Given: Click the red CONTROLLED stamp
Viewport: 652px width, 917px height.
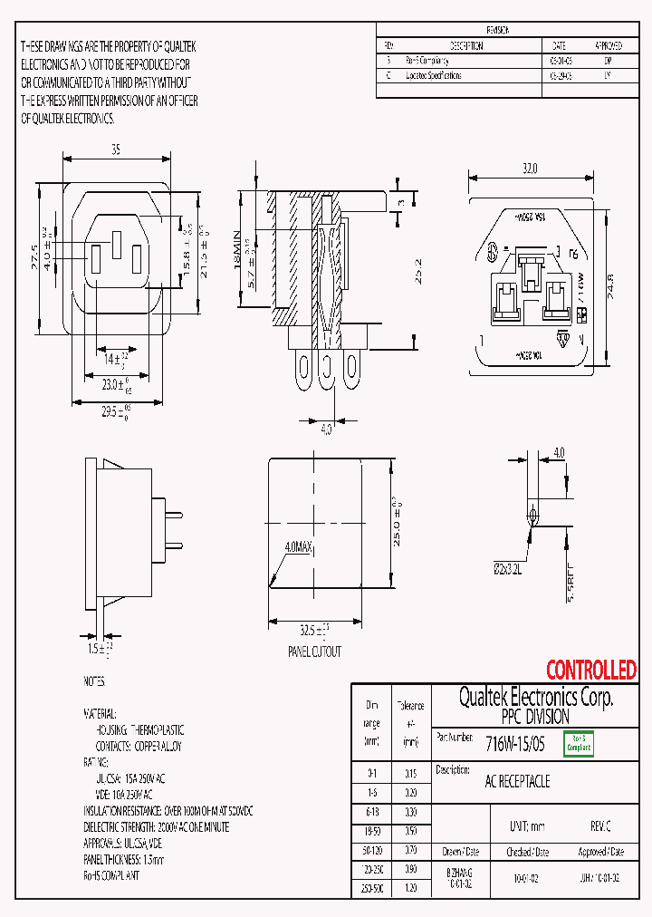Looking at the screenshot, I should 590,671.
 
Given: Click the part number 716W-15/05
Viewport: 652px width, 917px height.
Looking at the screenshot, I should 515,744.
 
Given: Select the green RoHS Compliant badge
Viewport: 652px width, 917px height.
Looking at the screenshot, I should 579,744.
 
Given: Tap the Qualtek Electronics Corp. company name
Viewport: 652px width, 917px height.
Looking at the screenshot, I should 536,698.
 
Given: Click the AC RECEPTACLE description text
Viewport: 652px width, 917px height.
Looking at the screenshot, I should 517,781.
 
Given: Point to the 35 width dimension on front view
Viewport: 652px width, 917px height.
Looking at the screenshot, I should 116,150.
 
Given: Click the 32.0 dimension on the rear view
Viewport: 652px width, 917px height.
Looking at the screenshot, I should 529,168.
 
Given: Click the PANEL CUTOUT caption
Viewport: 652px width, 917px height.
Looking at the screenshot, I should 314,652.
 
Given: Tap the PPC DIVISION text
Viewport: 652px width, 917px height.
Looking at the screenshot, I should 536,716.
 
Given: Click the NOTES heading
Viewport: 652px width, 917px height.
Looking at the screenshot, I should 94,681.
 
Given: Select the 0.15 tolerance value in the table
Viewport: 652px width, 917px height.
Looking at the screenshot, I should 410,773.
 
